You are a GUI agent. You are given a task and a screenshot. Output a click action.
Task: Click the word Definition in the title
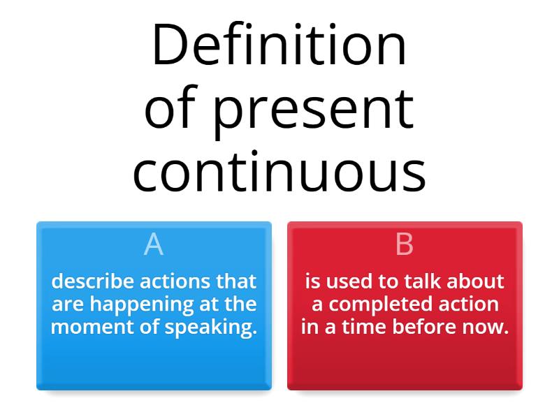coord(279,46)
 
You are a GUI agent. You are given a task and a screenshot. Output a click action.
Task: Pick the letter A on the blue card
coord(154,245)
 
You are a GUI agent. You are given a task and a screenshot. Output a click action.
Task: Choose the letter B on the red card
coord(405,245)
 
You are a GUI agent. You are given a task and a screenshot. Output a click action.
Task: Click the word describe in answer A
coord(93,281)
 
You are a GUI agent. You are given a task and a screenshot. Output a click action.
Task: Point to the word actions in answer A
coord(175,281)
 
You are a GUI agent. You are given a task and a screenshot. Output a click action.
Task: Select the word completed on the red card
coord(381,304)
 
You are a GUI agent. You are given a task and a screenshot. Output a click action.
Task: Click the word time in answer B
coord(361,327)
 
